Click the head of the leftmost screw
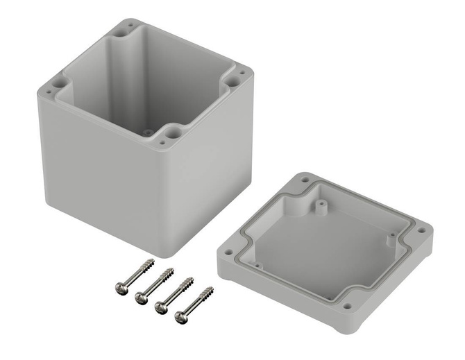118,286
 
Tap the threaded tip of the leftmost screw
151,263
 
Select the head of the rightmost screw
181,318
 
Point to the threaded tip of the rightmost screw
211,289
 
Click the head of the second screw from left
139,297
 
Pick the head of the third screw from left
161,307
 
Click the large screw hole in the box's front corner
171,130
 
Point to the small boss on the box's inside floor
146,130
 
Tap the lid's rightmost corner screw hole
421,230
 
